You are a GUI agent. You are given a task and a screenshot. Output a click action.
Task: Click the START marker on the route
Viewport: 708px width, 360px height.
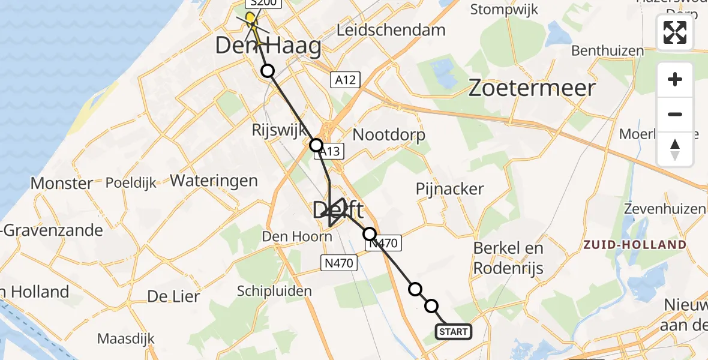[454, 332]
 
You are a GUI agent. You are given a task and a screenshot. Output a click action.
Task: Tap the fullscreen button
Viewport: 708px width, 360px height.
[675, 32]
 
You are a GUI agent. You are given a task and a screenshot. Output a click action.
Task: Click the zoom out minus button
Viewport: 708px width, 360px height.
[675, 114]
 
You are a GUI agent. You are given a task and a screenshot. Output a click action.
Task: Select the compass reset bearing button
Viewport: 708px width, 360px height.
[675, 149]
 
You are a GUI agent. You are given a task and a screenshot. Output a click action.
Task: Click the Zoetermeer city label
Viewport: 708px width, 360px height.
[532, 88]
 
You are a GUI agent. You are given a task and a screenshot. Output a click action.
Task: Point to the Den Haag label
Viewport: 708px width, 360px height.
[268, 46]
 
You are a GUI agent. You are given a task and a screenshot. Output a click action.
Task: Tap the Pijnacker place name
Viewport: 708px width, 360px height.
[449, 189]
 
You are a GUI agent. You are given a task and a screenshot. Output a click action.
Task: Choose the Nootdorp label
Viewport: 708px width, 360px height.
[389, 134]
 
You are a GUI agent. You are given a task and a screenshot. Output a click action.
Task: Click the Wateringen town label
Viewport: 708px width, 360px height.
[214, 180]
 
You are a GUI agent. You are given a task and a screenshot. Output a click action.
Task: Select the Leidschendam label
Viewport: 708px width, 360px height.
[391, 30]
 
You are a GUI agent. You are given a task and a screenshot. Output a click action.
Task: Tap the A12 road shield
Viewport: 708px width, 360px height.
[345, 80]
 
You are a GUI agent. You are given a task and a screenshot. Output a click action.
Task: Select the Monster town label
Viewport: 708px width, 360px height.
[62, 183]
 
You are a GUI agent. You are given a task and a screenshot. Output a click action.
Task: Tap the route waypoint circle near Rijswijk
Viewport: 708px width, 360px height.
[316, 145]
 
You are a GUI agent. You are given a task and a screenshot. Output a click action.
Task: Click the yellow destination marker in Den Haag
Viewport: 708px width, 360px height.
[250, 17]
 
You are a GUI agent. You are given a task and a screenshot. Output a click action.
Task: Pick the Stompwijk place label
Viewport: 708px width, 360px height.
[504, 10]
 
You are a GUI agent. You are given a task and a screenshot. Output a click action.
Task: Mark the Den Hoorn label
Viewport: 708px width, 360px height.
[297, 236]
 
